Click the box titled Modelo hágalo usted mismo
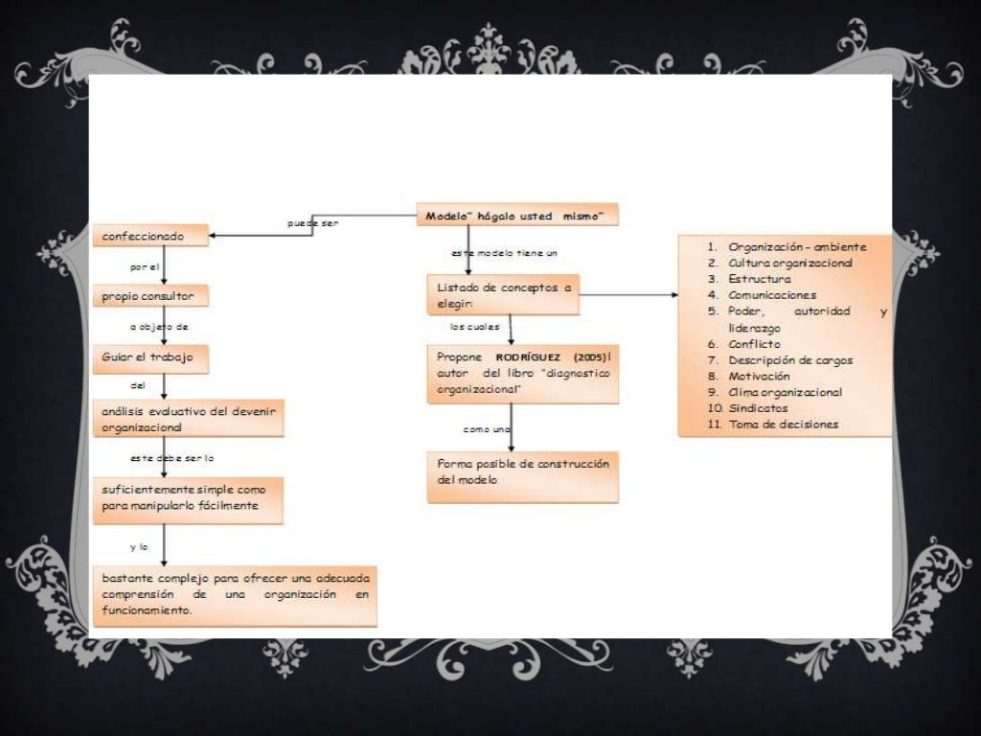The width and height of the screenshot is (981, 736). point(517,215)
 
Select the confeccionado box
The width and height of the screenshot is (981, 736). point(150,236)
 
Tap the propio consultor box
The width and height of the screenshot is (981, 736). point(150,295)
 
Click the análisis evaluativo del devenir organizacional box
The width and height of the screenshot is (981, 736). point(189,418)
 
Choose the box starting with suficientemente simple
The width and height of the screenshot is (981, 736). point(189,500)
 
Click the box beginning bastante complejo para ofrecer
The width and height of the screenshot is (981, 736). point(236,596)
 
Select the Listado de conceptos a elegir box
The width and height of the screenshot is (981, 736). point(503,295)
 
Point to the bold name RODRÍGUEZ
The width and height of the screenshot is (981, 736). point(528,357)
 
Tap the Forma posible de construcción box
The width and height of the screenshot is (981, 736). point(523,477)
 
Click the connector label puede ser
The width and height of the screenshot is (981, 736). point(313,222)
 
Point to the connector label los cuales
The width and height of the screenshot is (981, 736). point(475,327)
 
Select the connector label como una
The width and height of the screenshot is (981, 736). point(487,429)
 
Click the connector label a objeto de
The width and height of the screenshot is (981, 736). point(159,327)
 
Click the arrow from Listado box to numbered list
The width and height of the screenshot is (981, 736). point(628,295)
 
